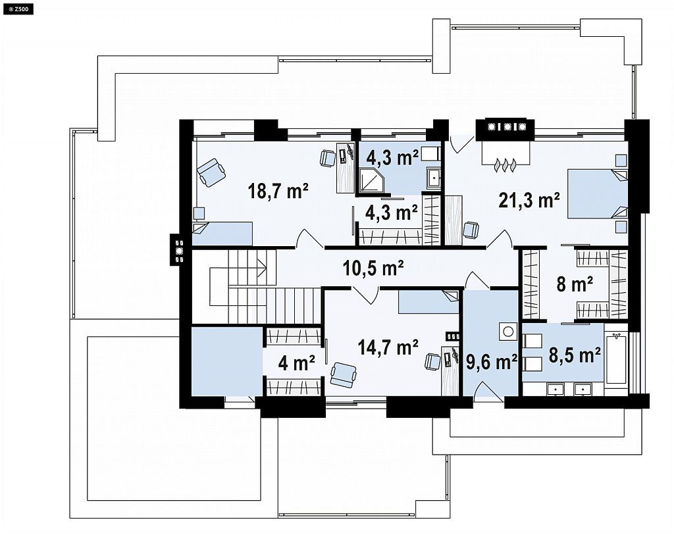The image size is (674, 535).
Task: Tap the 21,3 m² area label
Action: [529, 200]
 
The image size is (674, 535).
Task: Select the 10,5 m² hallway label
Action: [373, 268]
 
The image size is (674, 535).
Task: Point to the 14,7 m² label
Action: [388, 347]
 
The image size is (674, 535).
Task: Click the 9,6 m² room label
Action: [491, 363]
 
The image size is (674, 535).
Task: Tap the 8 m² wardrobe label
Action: [575, 284]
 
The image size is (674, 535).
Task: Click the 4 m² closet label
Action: [297, 363]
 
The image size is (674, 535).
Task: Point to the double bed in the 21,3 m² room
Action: [597, 194]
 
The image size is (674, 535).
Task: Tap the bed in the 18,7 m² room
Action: [222, 234]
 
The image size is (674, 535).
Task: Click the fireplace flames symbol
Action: [505, 165]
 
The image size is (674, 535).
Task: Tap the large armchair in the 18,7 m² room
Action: [211, 172]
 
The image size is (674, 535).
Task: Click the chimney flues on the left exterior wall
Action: [178, 249]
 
